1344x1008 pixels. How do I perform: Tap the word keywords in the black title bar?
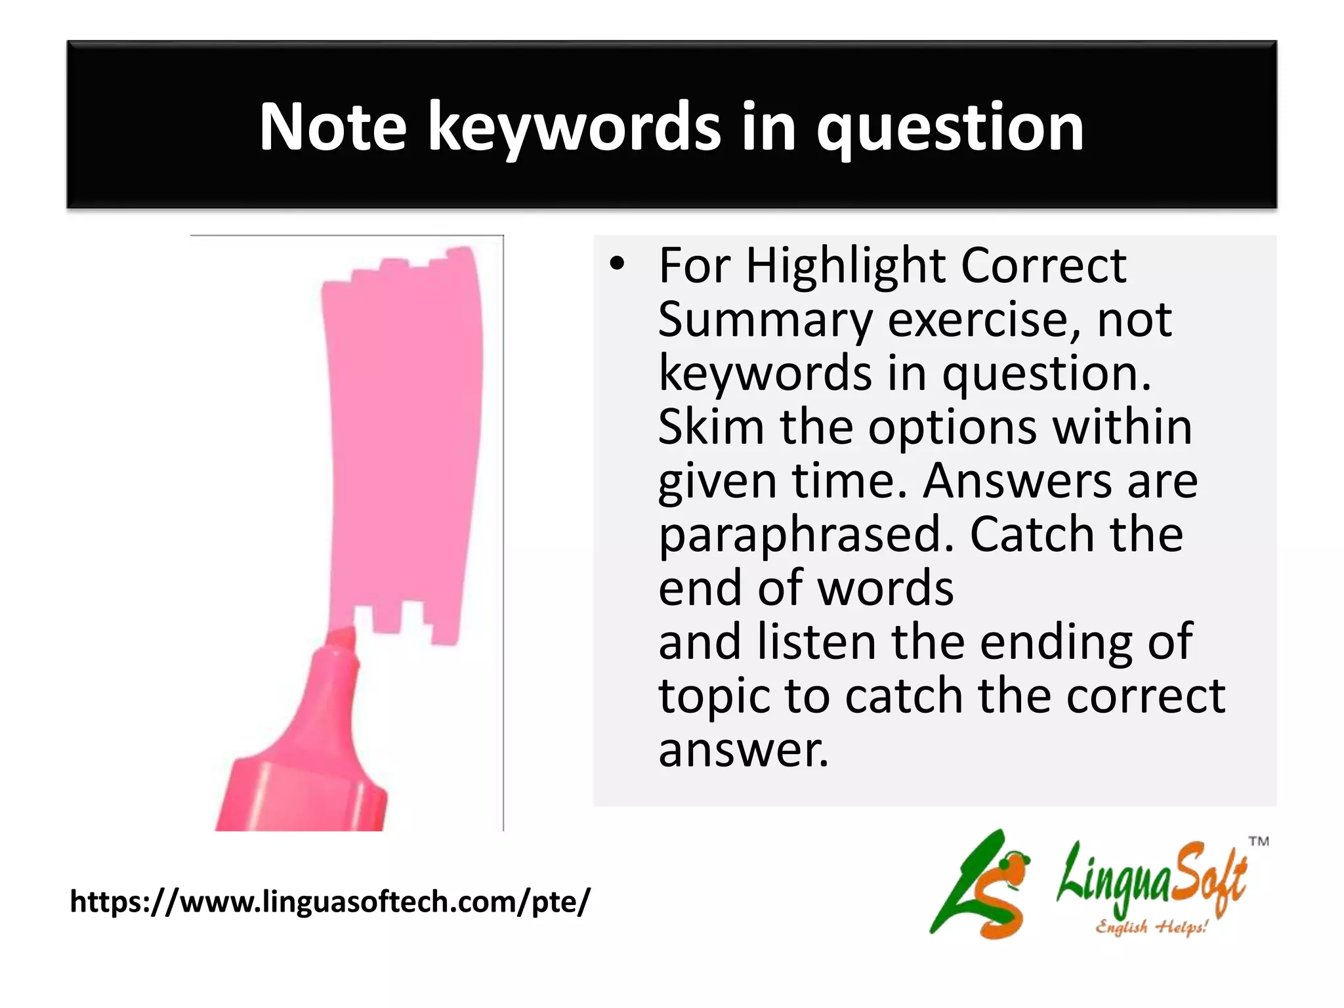pos(574,128)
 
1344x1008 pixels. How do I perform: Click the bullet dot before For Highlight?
pos(616,265)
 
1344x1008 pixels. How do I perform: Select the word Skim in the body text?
pos(711,427)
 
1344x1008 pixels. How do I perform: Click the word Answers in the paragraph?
pos(1017,481)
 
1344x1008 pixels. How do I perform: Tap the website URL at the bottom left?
pos(330,902)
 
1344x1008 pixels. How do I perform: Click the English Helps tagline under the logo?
pos(1152,927)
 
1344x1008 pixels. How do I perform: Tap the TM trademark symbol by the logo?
pos(1258,841)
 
